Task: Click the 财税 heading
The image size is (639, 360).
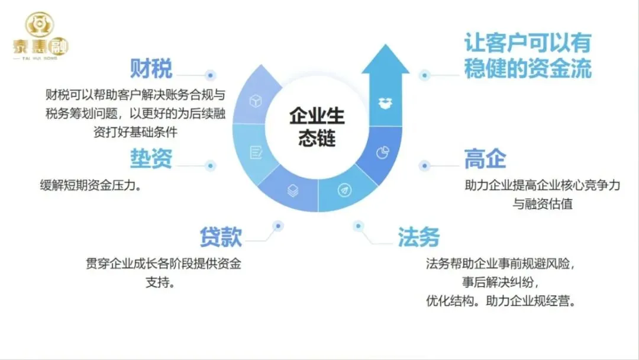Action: [x=151, y=69]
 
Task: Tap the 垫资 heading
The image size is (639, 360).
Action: [x=151, y=158]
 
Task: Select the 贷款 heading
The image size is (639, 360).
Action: [x=220, y=237]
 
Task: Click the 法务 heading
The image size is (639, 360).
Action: [x=418, y=237]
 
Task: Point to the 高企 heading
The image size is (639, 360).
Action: [x=485, y=159]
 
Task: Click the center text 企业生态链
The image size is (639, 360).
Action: [x=317, y=127]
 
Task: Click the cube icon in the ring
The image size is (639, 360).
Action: [x=256, y=100]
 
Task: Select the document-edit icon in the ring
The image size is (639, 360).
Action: [x=256, y=152]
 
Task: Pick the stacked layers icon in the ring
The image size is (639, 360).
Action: [x=292, y=190]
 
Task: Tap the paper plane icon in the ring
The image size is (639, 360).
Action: [x=344, y=190]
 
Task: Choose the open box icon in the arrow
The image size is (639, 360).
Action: [x=385, y=102]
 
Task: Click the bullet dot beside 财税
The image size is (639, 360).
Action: [x=209, y=75]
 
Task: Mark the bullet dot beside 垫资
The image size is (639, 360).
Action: [x=209, y=166]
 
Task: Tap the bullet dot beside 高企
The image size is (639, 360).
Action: [x=424, y=166]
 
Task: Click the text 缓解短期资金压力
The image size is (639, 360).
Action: [x=89, y=184]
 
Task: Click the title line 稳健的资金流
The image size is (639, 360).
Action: [x=527, y=69]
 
